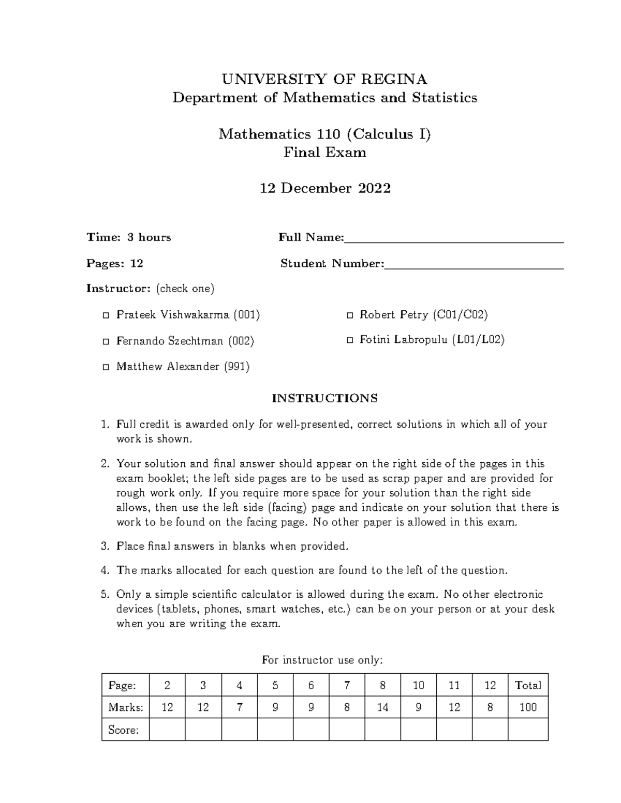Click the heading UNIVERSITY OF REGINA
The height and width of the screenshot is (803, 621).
[324, 79]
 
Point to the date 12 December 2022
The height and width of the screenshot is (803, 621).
[324, 188]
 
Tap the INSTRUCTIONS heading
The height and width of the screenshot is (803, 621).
[324, 398]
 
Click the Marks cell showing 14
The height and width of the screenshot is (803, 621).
[382, 707]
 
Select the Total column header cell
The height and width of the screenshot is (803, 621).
[528, 685]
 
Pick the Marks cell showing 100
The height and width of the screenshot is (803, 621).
[528, 707]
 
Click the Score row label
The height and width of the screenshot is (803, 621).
[123, 730]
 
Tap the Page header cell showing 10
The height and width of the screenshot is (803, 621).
[418, 685]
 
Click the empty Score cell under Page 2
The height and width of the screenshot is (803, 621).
[167, 730]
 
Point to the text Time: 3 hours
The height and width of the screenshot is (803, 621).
[129, 237]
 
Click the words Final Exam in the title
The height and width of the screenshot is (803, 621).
[324, 153]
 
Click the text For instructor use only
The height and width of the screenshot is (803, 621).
[322, 660]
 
